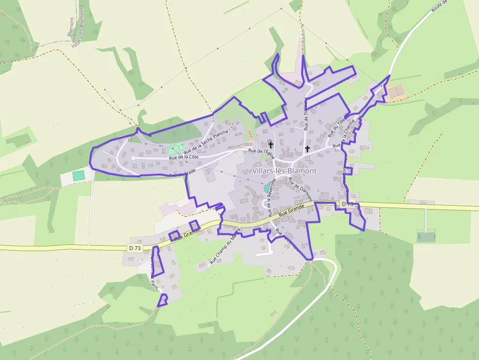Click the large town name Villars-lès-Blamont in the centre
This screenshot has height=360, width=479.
click(285, 171)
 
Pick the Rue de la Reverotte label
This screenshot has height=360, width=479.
click(272, 197)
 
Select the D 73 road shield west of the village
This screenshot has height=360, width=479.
click(135, 248)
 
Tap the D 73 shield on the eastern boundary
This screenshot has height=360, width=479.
click(347, 204)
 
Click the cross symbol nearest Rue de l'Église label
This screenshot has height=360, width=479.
click(271, 145)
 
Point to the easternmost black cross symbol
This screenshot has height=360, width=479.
click(307, 148)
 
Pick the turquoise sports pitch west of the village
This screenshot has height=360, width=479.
click(78, 175)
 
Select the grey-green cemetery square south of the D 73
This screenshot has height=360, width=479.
click(426, 236)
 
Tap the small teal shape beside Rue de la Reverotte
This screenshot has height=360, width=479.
click(267, 188)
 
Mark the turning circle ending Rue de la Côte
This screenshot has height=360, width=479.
click(132, 158)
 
